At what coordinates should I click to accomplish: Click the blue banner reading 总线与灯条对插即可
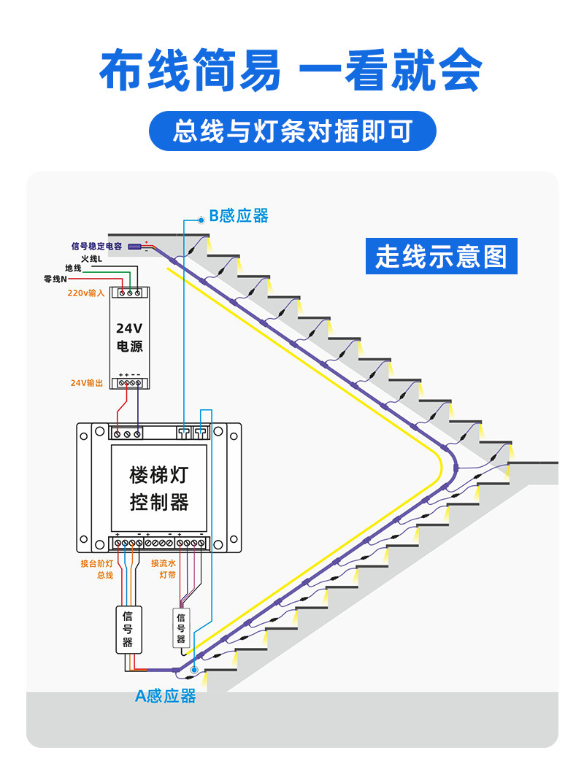point(292,131)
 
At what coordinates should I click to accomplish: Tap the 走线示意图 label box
point(441,256)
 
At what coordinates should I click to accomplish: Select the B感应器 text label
point(239,216)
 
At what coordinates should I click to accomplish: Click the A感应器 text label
point(166,696)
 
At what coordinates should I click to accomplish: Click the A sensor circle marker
point(194,669)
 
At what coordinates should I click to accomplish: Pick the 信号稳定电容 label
point(96,247)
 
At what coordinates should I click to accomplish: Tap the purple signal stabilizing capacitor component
point(135,247)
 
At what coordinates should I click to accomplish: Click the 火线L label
point(91,258)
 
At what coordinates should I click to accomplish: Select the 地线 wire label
point(73,268)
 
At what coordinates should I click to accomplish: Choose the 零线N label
point(55,279)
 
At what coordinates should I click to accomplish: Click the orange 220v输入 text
point(86,293)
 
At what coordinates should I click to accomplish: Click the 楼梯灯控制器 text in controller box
point(158,489)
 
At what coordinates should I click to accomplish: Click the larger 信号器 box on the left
point(128,629)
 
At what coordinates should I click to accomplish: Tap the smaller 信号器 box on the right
point(180,628)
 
